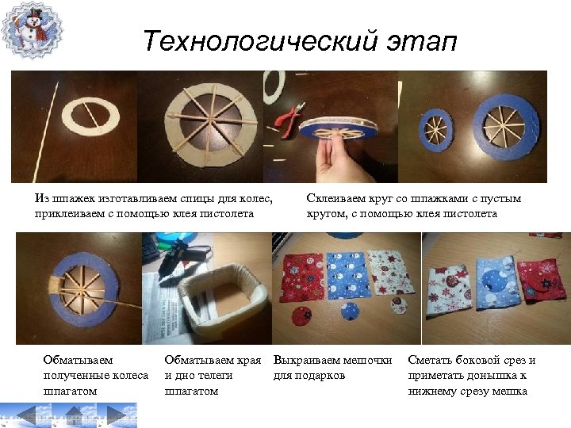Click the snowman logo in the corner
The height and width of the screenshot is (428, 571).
tap(32, 31)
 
